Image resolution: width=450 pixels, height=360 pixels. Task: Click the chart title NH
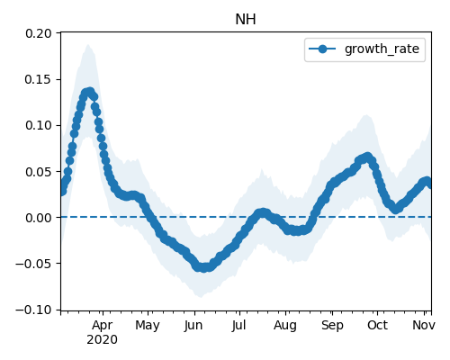point(246,20)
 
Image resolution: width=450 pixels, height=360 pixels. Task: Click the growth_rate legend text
point(382,49)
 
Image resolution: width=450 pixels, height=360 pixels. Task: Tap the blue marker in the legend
point(322,49)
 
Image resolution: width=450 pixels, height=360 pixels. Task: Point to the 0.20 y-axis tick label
point(39,33)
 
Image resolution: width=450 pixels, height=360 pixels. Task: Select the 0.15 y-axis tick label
point(39,79)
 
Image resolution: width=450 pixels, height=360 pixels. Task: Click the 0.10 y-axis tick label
point(39,125)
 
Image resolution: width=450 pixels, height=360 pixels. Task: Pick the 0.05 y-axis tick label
point(39,172)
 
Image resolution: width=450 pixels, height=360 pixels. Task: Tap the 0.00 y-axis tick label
point(39,218)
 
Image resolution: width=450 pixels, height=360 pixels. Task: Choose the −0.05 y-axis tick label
point(33,264)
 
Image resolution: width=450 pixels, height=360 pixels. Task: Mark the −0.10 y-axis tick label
point(33,310)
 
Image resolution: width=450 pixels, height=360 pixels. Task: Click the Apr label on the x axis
point(103,326)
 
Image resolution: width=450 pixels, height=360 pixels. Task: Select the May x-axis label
point(148,326)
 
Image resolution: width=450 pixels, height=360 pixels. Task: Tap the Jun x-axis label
point(193,325)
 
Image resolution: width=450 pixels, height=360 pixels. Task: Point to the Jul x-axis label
point(238,325)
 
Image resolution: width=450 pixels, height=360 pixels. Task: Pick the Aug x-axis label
point(285,326)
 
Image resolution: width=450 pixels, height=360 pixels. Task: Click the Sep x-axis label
point(332,326)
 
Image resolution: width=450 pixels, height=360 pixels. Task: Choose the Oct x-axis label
point(377,325)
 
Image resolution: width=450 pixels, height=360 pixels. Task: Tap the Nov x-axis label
point(424,325)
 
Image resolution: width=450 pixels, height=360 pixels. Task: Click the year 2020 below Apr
point(103,340)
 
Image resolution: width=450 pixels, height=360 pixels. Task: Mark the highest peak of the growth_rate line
point(89,91)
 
